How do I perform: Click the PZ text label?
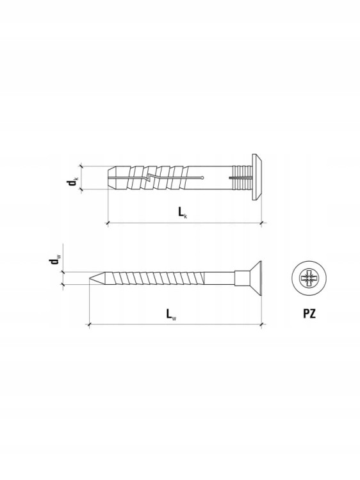309,314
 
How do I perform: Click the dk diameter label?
72,181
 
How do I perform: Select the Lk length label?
183,212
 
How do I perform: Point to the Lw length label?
171,314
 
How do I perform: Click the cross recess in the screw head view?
309,278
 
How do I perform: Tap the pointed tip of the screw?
90,278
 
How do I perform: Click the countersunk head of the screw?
255,278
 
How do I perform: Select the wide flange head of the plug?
257,177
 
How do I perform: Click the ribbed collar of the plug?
243,177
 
